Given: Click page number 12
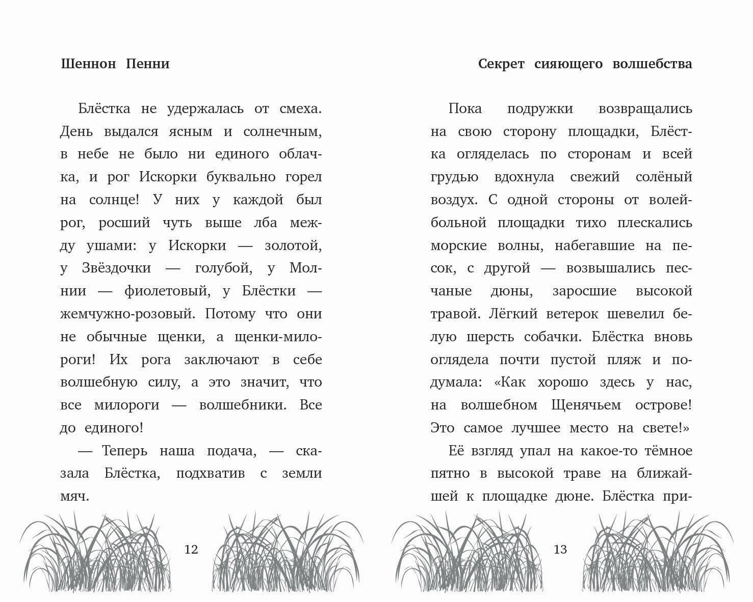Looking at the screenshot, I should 191,550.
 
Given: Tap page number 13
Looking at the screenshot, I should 560,550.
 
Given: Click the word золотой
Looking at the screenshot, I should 293,245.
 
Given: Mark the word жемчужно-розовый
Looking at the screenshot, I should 127,314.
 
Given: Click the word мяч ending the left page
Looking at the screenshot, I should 74,497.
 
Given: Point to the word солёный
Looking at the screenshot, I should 664,177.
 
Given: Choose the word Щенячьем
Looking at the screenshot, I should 586,405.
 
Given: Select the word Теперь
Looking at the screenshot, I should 124,451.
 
